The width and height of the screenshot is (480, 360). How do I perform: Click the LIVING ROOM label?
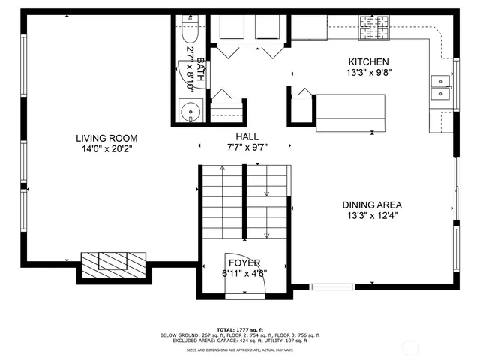(x=106, y=138)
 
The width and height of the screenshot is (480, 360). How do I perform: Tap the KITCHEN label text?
(x=367, y=61)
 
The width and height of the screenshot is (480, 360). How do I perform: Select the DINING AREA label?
(x=372, y=205)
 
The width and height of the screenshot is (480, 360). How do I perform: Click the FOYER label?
(x=244, y=262)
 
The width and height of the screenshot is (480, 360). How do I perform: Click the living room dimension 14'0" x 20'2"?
(x=106, y=148)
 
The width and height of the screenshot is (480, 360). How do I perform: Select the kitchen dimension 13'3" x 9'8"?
(x=367, y=73)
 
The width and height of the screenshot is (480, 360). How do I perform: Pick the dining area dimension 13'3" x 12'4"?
(x=372, y=216)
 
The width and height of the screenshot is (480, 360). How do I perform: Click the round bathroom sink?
(x=193, y=113)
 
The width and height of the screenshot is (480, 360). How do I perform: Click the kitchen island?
(x=349, y=112)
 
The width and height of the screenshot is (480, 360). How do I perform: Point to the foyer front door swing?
(x=234, y=279)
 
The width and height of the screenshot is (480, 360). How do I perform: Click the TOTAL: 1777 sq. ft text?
(x=239, y=329)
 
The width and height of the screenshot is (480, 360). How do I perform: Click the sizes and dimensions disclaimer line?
(x=239, y=349)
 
